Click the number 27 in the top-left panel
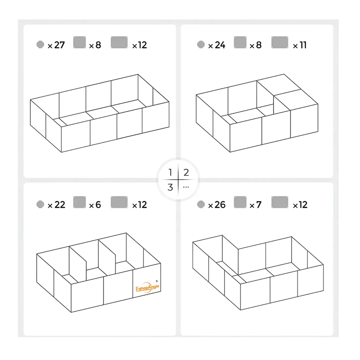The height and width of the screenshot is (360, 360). [59, 45]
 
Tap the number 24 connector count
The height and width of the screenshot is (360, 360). [220, 45]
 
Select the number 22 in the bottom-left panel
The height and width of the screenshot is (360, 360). [60, 205]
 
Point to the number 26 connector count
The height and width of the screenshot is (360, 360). [220, 205]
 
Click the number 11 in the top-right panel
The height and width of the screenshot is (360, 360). [303, 45]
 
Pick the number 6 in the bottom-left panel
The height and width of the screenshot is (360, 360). [98, 205]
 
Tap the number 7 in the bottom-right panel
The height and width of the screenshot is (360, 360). [259, 205]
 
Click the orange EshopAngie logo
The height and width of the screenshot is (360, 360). [147, 288]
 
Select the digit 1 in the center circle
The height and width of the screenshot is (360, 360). [170, 172]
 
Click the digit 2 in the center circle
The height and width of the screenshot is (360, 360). [186, 172]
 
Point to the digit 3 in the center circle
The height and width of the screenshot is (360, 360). [170, 187]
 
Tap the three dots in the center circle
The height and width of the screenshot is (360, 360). [186, 187]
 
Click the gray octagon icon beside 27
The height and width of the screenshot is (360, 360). [40, 45]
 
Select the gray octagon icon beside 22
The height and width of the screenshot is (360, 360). [40, 204]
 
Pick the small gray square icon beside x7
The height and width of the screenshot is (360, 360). [240, 202]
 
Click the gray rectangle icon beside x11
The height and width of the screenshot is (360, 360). [279, 42]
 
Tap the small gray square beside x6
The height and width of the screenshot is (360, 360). [80, 202]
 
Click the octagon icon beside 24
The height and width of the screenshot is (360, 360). [201, 45]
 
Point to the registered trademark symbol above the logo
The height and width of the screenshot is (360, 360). [157, 281]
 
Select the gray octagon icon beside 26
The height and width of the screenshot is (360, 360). [201, 204]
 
